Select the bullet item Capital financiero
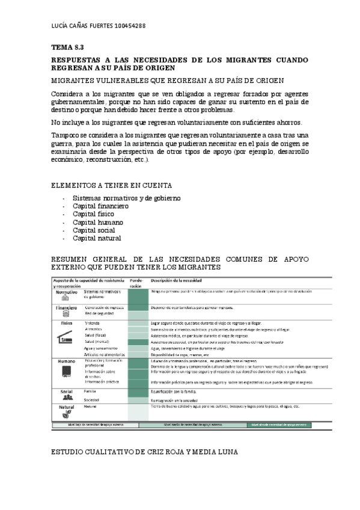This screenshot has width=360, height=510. [x=100, y=206]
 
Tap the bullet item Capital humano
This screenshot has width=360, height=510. [x=97, y=222]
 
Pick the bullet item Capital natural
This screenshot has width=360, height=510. [x=97, y=238]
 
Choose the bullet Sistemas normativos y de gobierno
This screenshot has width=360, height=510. [x=126, y=198]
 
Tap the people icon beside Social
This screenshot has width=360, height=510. [x=67, y=398]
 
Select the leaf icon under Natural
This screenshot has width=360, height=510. [x=67, y=413]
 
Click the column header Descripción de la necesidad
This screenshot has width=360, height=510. [x=175, y=280]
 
